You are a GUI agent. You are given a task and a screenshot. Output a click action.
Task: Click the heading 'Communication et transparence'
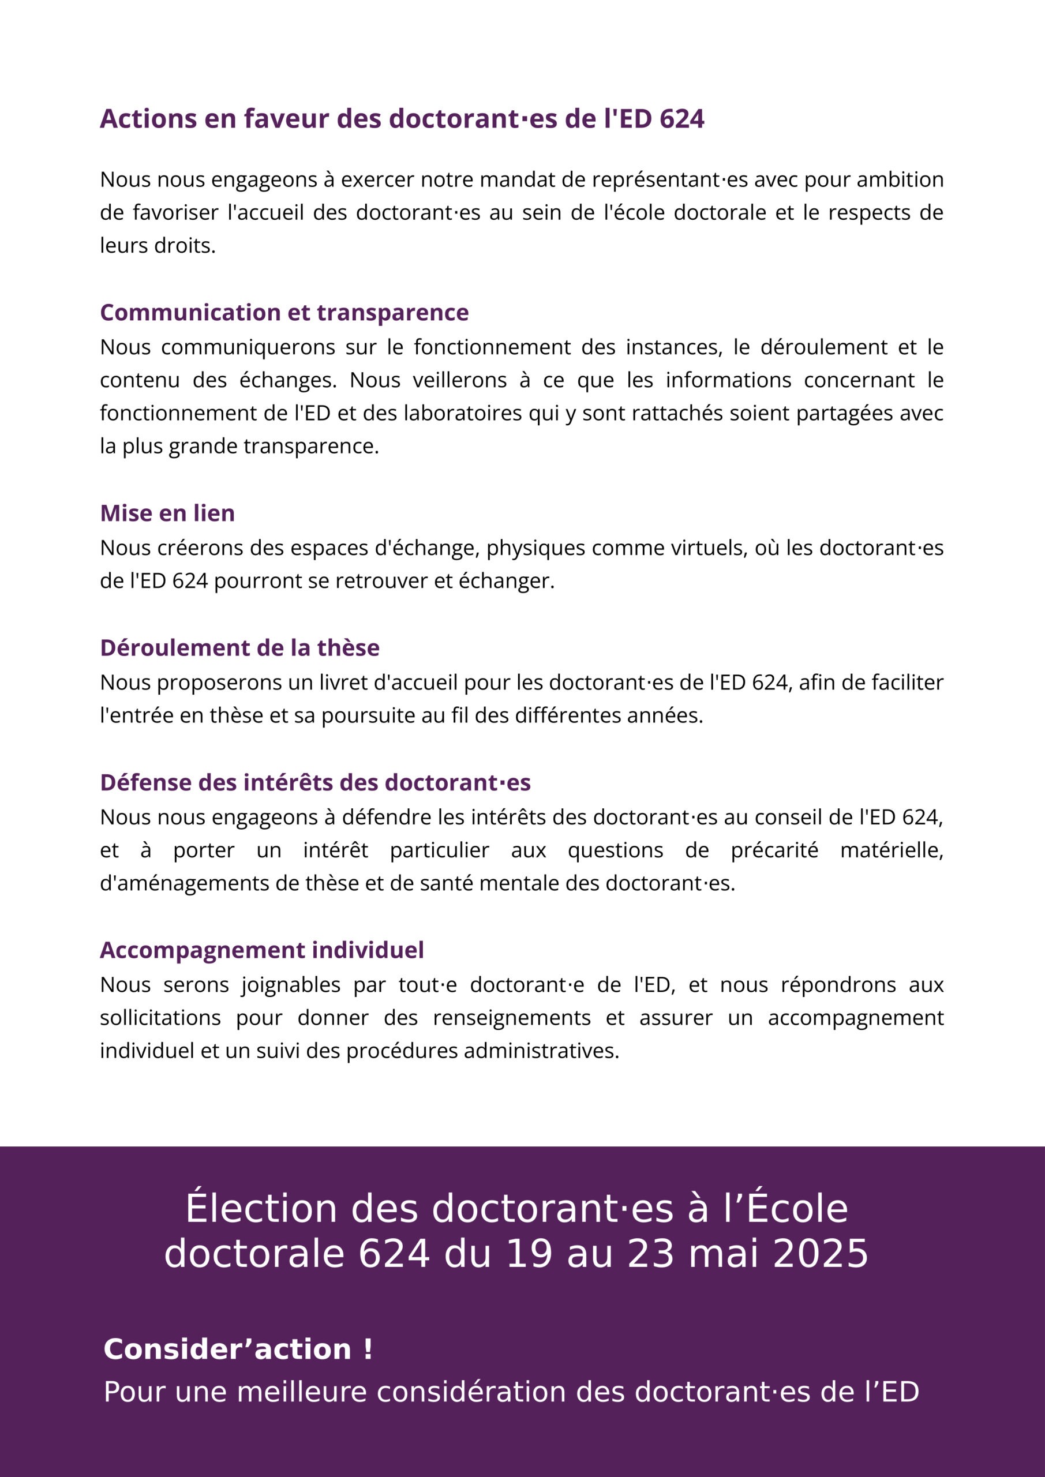click(284, 313)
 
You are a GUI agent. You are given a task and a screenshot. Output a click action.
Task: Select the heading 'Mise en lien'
click(167, 513)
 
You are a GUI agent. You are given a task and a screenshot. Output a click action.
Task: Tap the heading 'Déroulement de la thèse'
click(239, 648)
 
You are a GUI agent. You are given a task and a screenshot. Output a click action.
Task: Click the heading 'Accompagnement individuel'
click(262, 950)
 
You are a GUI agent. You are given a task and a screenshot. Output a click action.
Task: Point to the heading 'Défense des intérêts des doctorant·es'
click(315, 783)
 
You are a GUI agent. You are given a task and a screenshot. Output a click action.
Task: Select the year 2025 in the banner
click(821, 1254)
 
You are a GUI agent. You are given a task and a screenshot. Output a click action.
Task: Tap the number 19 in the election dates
click(529, 1254)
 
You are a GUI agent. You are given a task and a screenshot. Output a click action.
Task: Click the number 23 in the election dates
click(651, 1254)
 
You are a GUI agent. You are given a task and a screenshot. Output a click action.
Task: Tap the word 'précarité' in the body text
click(774, 850)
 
